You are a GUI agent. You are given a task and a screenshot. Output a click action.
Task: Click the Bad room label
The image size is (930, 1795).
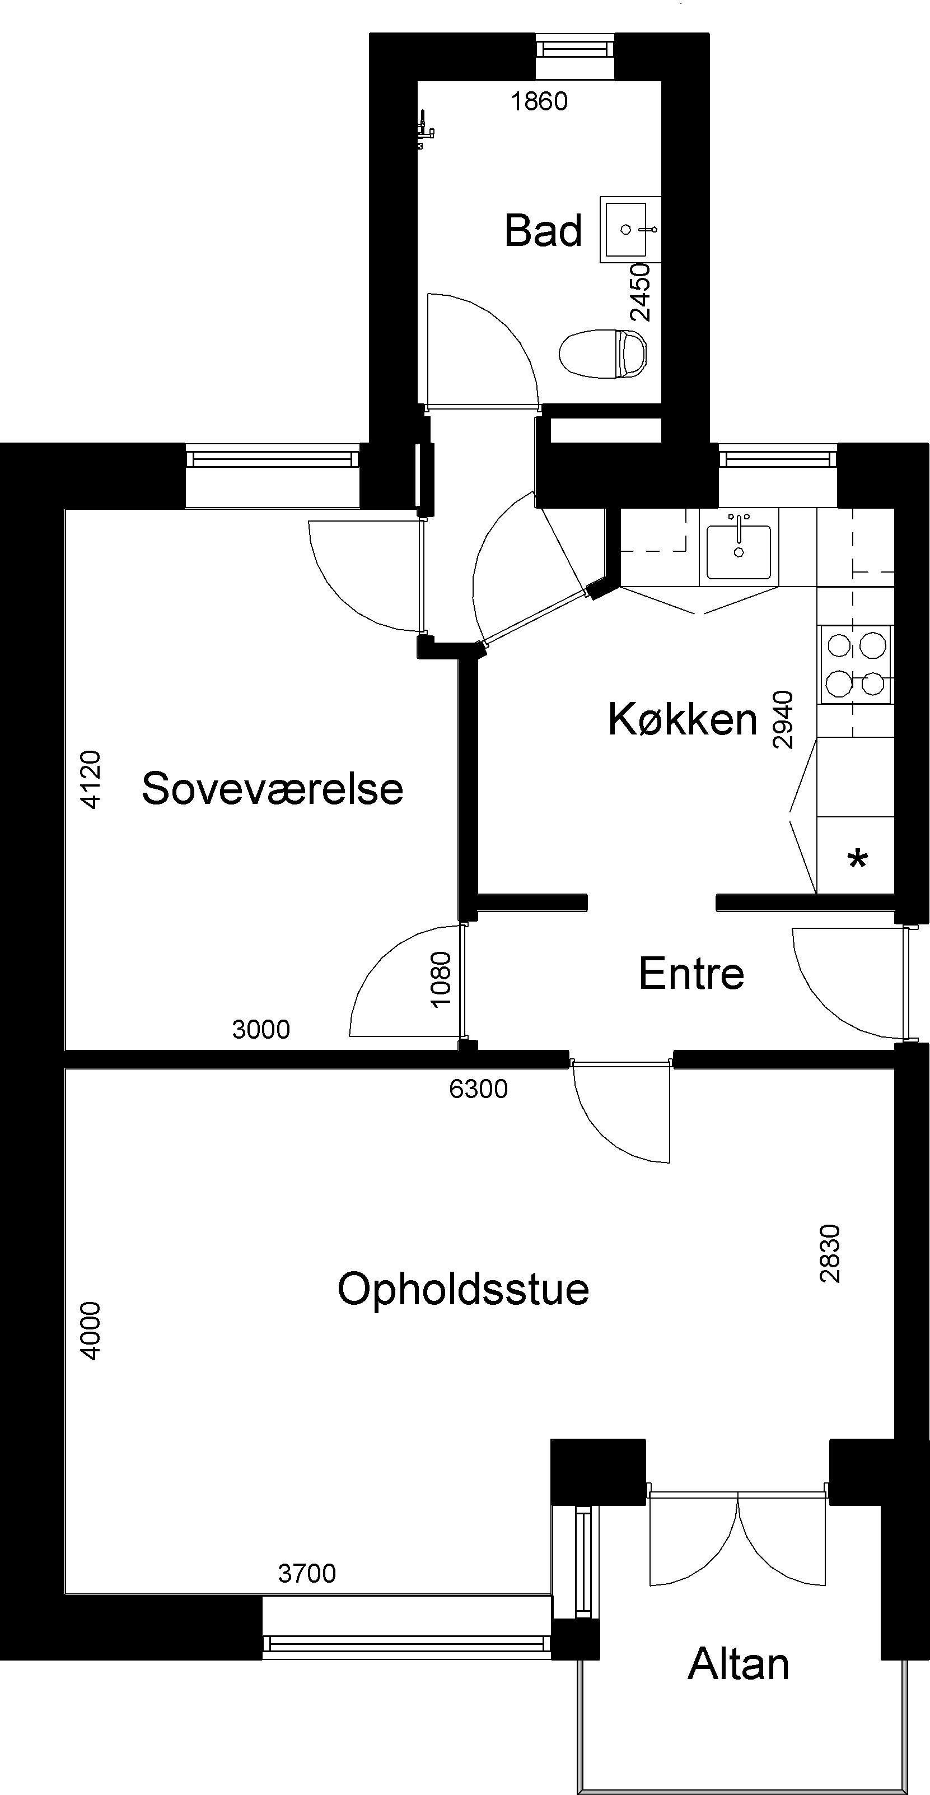click(x=543, y=231)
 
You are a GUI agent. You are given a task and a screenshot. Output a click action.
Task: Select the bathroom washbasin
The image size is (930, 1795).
click(x=629, y=229)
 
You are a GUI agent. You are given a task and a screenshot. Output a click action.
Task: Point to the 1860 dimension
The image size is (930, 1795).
click(x=539, y=102)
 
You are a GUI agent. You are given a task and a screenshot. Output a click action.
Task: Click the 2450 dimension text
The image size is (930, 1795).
click(x=640, y=292)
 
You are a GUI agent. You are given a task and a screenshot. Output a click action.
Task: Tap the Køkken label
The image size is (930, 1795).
click(x=682, y=719)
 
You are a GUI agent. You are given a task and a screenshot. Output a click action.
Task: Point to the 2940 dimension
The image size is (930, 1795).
click(x=783, y=719)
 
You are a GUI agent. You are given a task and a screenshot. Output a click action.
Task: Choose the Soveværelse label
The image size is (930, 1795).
click(x=272, y=789)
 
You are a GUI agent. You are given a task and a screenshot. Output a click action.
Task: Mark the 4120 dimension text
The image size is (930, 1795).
click(x=91, y=779)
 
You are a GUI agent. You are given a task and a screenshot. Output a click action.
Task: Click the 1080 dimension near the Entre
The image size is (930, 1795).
click(x=441, y=979)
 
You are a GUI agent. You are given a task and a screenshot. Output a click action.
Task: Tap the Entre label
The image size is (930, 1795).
click(x=691, y=974)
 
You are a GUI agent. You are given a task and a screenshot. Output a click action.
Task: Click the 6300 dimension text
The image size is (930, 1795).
click(x=479, y=1089)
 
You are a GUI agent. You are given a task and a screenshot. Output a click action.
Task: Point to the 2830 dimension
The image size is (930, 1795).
click(x=830, y=1253)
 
